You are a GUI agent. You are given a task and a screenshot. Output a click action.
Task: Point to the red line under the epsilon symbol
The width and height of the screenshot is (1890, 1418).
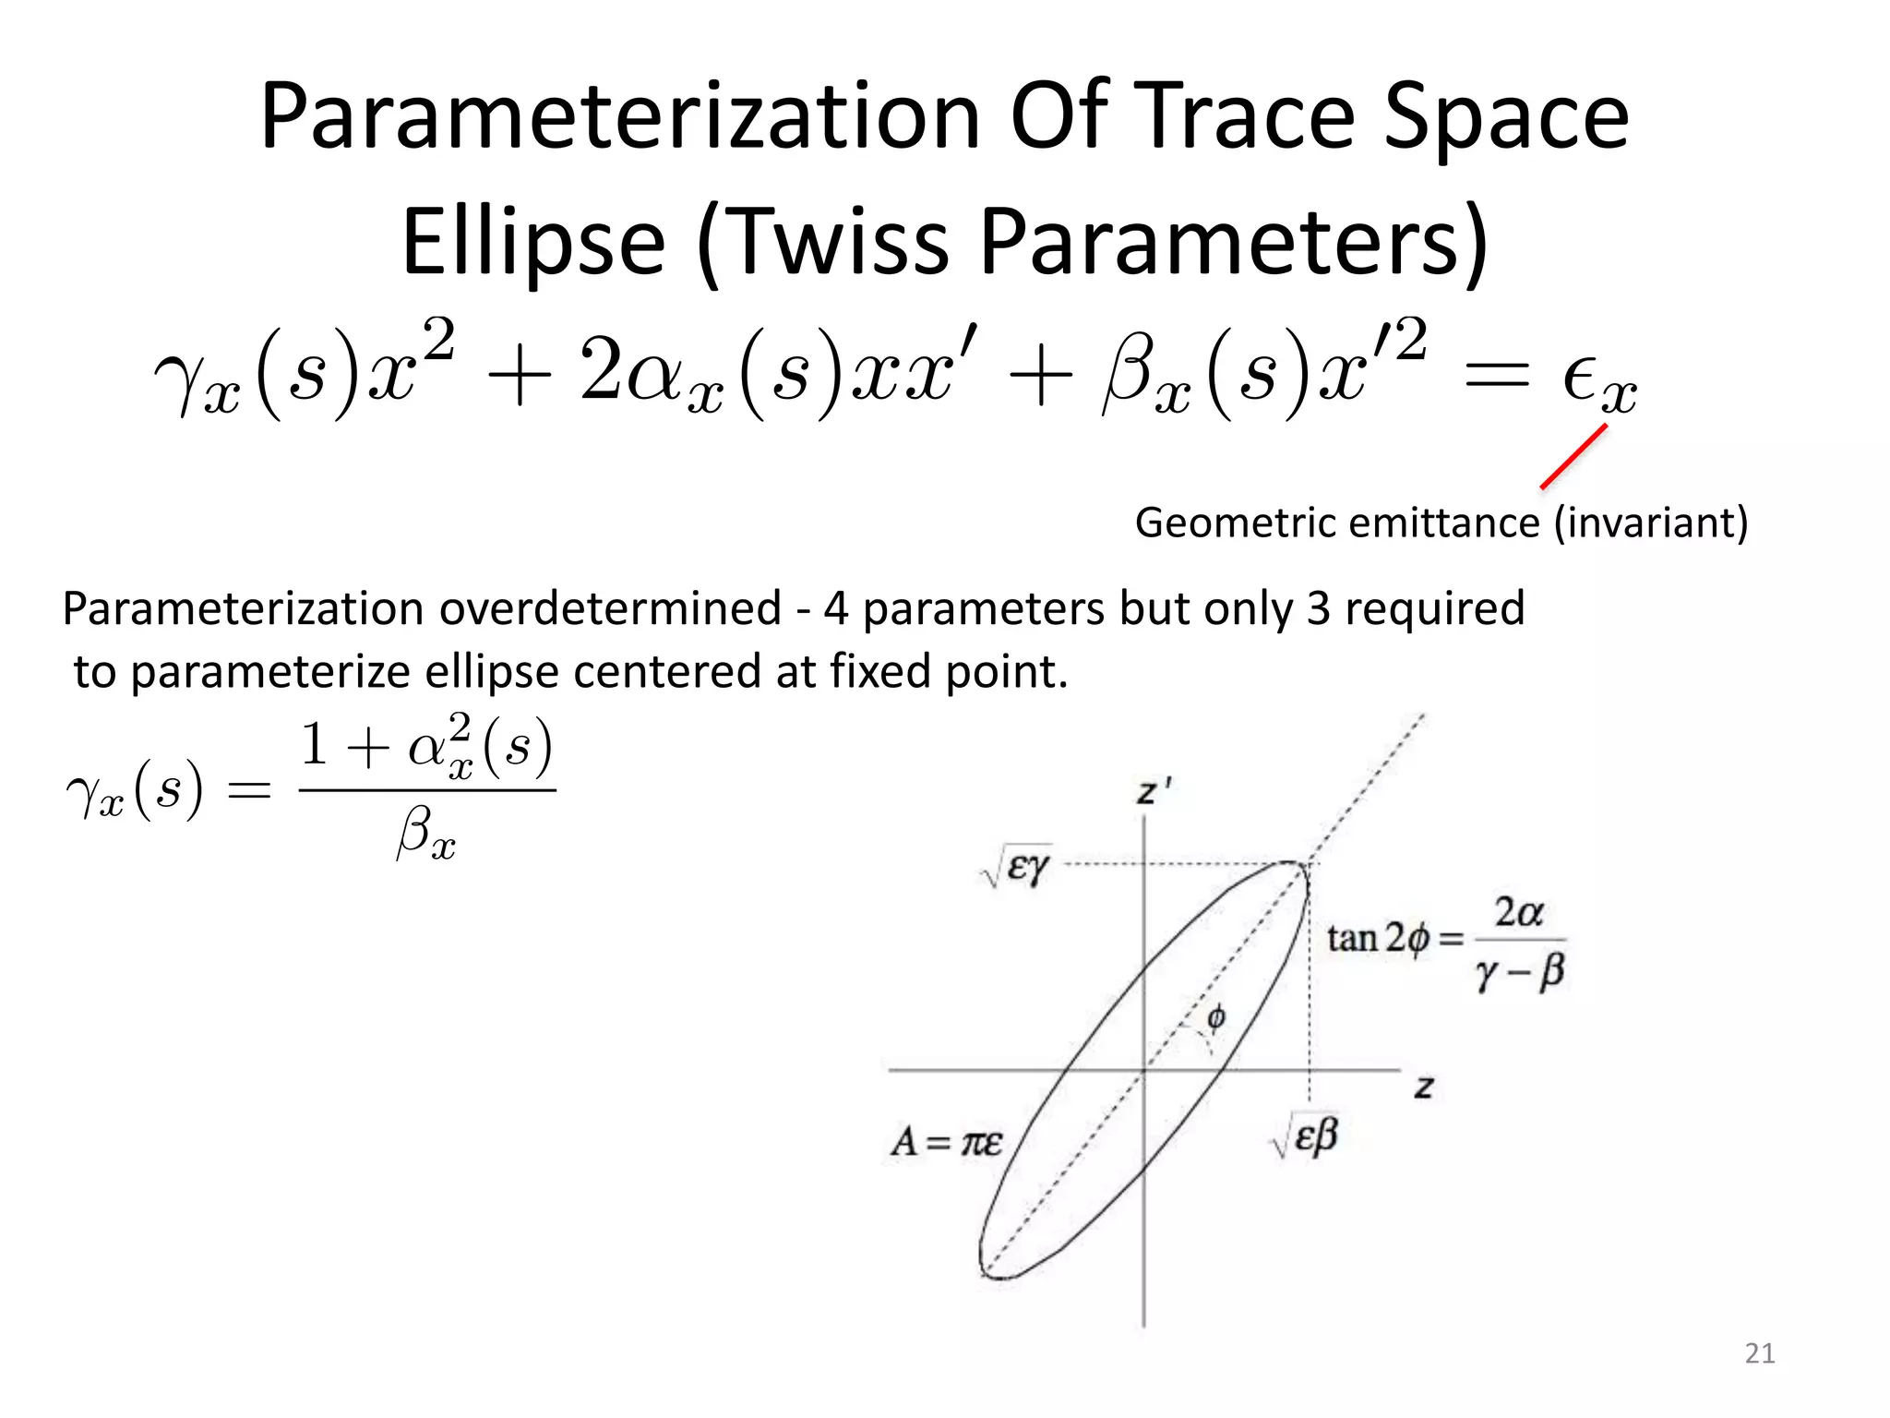pyautogui.click(x=1574, y=456)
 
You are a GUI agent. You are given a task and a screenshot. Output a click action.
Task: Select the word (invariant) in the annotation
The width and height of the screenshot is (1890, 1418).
pyautogui.click(x=1651, y=523)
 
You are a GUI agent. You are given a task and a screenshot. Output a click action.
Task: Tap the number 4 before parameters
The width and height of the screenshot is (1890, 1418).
pyautogui.click(x=835, y=609)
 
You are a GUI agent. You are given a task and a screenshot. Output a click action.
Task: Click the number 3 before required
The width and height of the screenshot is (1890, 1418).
pyautogui.click(x=1318, y=609)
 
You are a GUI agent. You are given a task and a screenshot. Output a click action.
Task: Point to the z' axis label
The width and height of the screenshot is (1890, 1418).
pyautogui.click(x=1153, y=792)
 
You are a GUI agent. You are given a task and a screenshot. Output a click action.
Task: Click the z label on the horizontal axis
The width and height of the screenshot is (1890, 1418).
pyautogui.click(x=1423, y=1088)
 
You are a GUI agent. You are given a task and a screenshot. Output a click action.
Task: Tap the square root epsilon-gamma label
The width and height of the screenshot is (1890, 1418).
pyautogui.click(x=1015, y=867)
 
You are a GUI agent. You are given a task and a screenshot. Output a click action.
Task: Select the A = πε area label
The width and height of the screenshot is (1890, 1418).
pyautogui.click(x=946, y=1143)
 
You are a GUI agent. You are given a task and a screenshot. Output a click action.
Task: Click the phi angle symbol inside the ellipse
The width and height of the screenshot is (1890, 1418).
pyautogui.click(x=1216, y=1017)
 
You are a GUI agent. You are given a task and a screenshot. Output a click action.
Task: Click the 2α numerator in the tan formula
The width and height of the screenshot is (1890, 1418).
pyautogui.click(x=1518, y=912)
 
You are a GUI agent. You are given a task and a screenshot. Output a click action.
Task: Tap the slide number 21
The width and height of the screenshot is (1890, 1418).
pyautogui.click(x=1759, y=1353)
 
